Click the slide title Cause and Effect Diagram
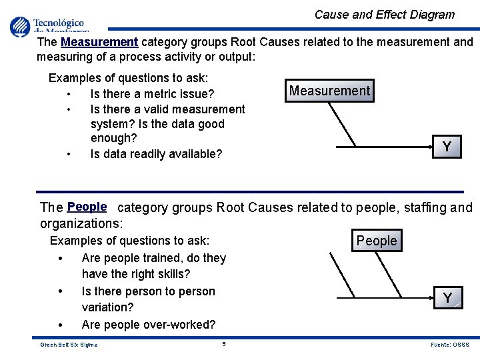pyautogui.click(x=384, y=15)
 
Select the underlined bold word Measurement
pyautogui.click(x=99, y=42)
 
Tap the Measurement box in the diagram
pyautogui.click(x=329, y=91)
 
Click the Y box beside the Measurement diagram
pyautogui.click(x=447, y=147)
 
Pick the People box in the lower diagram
pyautogui.click(x=377, y=241)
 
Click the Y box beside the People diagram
pyautogui.click(x=447, y=298)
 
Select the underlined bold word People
pyautogui.click(x=87, y=207)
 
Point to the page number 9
pyautogui.click(x=224, y=344)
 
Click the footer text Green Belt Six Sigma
pyautogui.click(x=69, y=345)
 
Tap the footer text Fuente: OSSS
pyautogui.click(x=450, y=345)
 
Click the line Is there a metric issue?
pyautogui.click(x=152, y=94)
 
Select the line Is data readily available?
pyautogui.click(x=156, y=154)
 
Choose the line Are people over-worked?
pyautogui.click(x=149, y=325)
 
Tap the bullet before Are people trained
pyautogui.click(x=61, y=259)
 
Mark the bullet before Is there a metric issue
pyautogui.click(x=69, y=94)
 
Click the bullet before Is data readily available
pyautogui.click(x=69, y=154)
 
